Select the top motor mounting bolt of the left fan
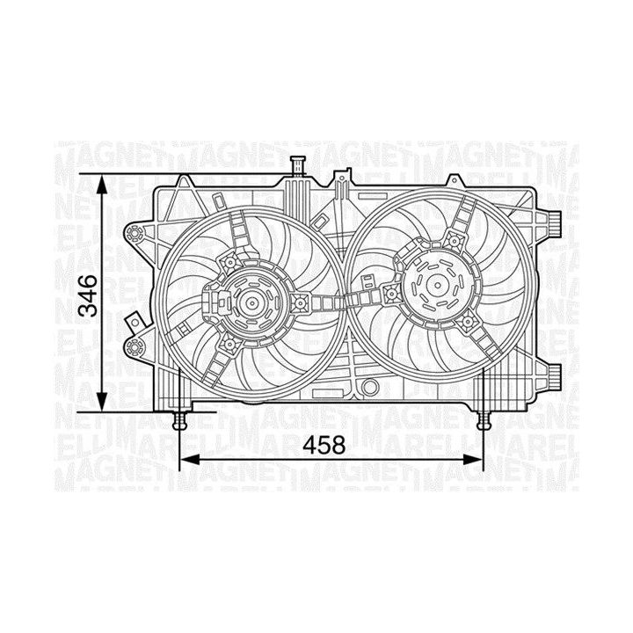(x=231, y=261)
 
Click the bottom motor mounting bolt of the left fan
(x=231, y=344)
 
